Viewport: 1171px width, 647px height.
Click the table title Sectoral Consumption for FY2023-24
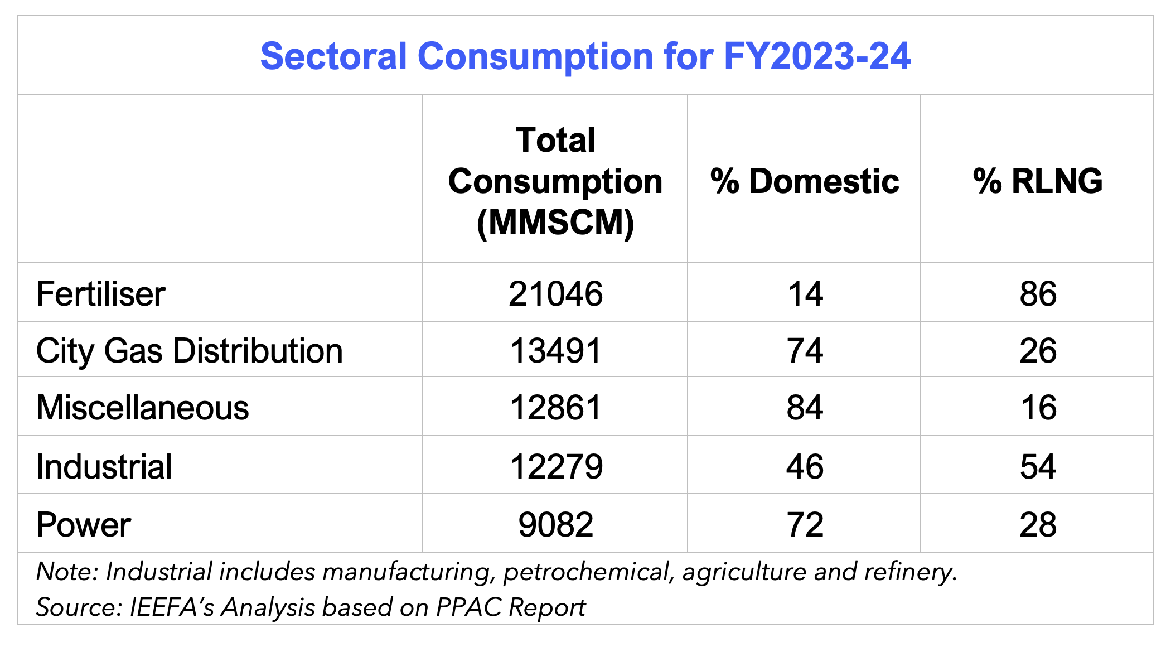[585, 56]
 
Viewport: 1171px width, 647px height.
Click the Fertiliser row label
[101, 294]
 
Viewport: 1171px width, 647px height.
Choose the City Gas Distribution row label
[189, 351]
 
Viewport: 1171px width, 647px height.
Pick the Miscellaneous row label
[142, 408]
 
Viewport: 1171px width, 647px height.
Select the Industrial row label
[104, 466]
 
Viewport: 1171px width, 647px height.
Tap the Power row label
[84, 524]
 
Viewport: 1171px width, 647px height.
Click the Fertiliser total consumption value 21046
[555, 294]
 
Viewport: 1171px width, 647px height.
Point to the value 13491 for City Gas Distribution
[555, 351]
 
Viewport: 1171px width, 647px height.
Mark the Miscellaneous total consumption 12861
[555, 408]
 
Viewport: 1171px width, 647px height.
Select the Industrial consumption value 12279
[555, 466]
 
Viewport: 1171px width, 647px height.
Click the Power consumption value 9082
[555, 524]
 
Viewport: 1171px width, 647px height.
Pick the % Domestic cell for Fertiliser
[805, 294]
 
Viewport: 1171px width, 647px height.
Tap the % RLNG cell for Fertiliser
[1038, 294]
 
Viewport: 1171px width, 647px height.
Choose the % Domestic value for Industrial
[805, 466]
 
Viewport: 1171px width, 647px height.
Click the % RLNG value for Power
[1038, 524]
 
